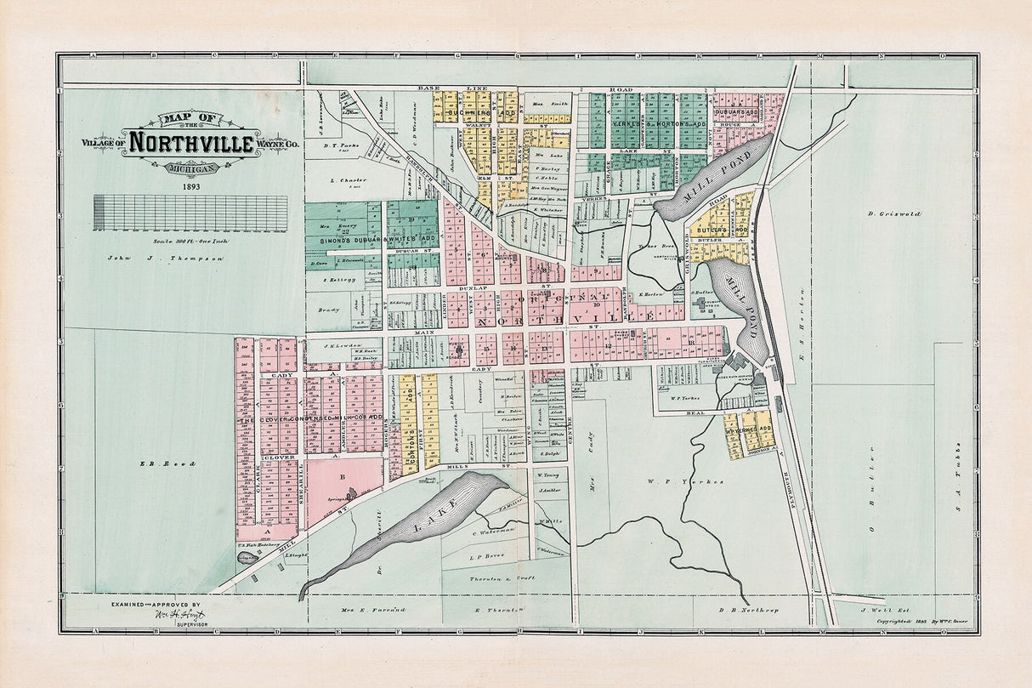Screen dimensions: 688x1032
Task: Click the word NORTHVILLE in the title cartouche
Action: coord(191,142)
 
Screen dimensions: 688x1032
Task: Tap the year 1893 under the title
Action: coord(190,186)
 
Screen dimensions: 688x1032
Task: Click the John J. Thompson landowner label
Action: coord(165,257)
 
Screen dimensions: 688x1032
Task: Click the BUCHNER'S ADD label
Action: coord(481,112)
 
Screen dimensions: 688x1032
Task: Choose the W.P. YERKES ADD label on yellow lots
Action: coord(748,429)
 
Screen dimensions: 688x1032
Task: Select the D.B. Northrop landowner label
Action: coord(749,611)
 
